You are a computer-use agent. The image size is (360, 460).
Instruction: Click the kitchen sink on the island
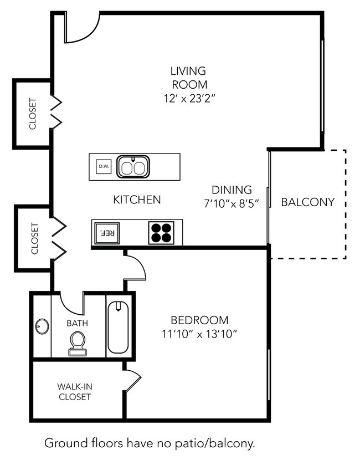133,167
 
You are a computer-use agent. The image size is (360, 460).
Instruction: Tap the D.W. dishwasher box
104,166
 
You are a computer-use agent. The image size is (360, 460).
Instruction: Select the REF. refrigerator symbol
107,233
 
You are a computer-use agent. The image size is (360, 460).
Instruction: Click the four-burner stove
161,233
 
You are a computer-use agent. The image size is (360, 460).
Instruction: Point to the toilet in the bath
78,344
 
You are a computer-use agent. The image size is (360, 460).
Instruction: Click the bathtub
118,327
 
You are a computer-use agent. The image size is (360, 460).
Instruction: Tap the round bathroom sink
42,326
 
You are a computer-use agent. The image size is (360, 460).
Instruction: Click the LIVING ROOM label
189,78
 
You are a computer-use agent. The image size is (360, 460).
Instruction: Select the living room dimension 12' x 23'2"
189,99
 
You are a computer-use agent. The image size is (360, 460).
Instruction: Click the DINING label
232,190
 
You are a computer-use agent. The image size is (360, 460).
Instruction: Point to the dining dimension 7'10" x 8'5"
232,203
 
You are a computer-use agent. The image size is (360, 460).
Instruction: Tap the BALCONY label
308,202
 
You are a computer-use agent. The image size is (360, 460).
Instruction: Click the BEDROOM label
199,320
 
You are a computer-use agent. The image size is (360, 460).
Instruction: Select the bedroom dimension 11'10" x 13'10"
199,334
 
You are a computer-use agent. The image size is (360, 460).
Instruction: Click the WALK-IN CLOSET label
75,392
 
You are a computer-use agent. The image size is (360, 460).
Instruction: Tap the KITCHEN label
137,200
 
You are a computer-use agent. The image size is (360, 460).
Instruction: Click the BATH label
77,323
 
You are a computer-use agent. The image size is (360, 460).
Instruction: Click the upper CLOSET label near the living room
33,114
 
